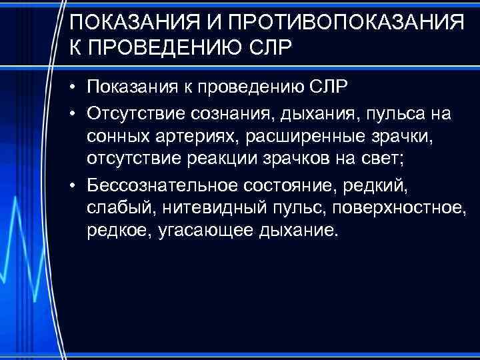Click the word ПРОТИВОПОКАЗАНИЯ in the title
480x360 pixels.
[x=345, y=24]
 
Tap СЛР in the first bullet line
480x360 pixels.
[x=331, y=87]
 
